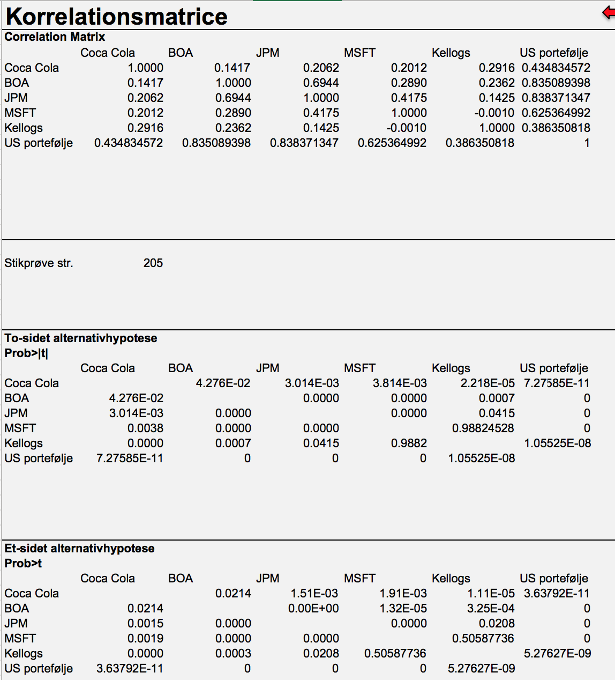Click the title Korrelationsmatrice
click(116, 16)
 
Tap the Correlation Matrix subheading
click(55, 36)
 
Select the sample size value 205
click(153, 263)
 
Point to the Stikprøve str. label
click(39, 263)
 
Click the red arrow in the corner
click(609, 13)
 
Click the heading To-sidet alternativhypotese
click(80, 338)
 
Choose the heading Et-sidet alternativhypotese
click(79, 548)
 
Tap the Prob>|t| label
click(26, 353)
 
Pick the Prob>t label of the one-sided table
click(23, 564)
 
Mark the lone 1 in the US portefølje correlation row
click(587, 143)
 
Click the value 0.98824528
click(483, 428)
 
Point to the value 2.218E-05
click(487, 383)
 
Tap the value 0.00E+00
click(313, 609)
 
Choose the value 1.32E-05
click(403, 609)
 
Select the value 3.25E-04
click(491, 609)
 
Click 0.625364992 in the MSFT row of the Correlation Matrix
click(556, 113)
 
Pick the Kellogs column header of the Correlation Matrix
click(451, 53)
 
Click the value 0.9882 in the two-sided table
click(409, 443)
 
